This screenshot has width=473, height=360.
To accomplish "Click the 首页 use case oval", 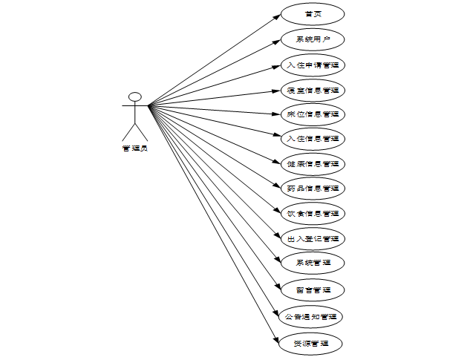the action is [313, 14].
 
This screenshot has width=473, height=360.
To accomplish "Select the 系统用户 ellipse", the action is [313, 39].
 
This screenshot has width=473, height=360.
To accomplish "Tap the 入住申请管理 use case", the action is [313, 64].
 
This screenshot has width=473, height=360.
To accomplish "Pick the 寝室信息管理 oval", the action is [313, 89].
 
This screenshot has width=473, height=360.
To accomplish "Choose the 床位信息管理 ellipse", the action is [313, 114].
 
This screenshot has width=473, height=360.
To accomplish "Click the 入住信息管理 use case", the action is [313, 138].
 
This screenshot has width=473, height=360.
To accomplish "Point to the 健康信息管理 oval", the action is [313, 163].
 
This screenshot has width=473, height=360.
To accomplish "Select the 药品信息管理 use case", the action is [313, 188].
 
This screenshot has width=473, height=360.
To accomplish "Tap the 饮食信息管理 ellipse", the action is [313, 213].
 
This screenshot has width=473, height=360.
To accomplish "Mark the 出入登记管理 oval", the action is [313, 238].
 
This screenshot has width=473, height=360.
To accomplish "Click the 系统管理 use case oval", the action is [313, 263].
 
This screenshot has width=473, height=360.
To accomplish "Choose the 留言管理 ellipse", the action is [313, 288].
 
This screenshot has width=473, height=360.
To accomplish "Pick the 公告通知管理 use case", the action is [313, 316].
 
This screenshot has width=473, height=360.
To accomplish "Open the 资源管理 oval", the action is [313, 344].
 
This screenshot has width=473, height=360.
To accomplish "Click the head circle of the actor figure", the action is [134, 96].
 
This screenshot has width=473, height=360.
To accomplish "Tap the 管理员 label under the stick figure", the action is [134, 148].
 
